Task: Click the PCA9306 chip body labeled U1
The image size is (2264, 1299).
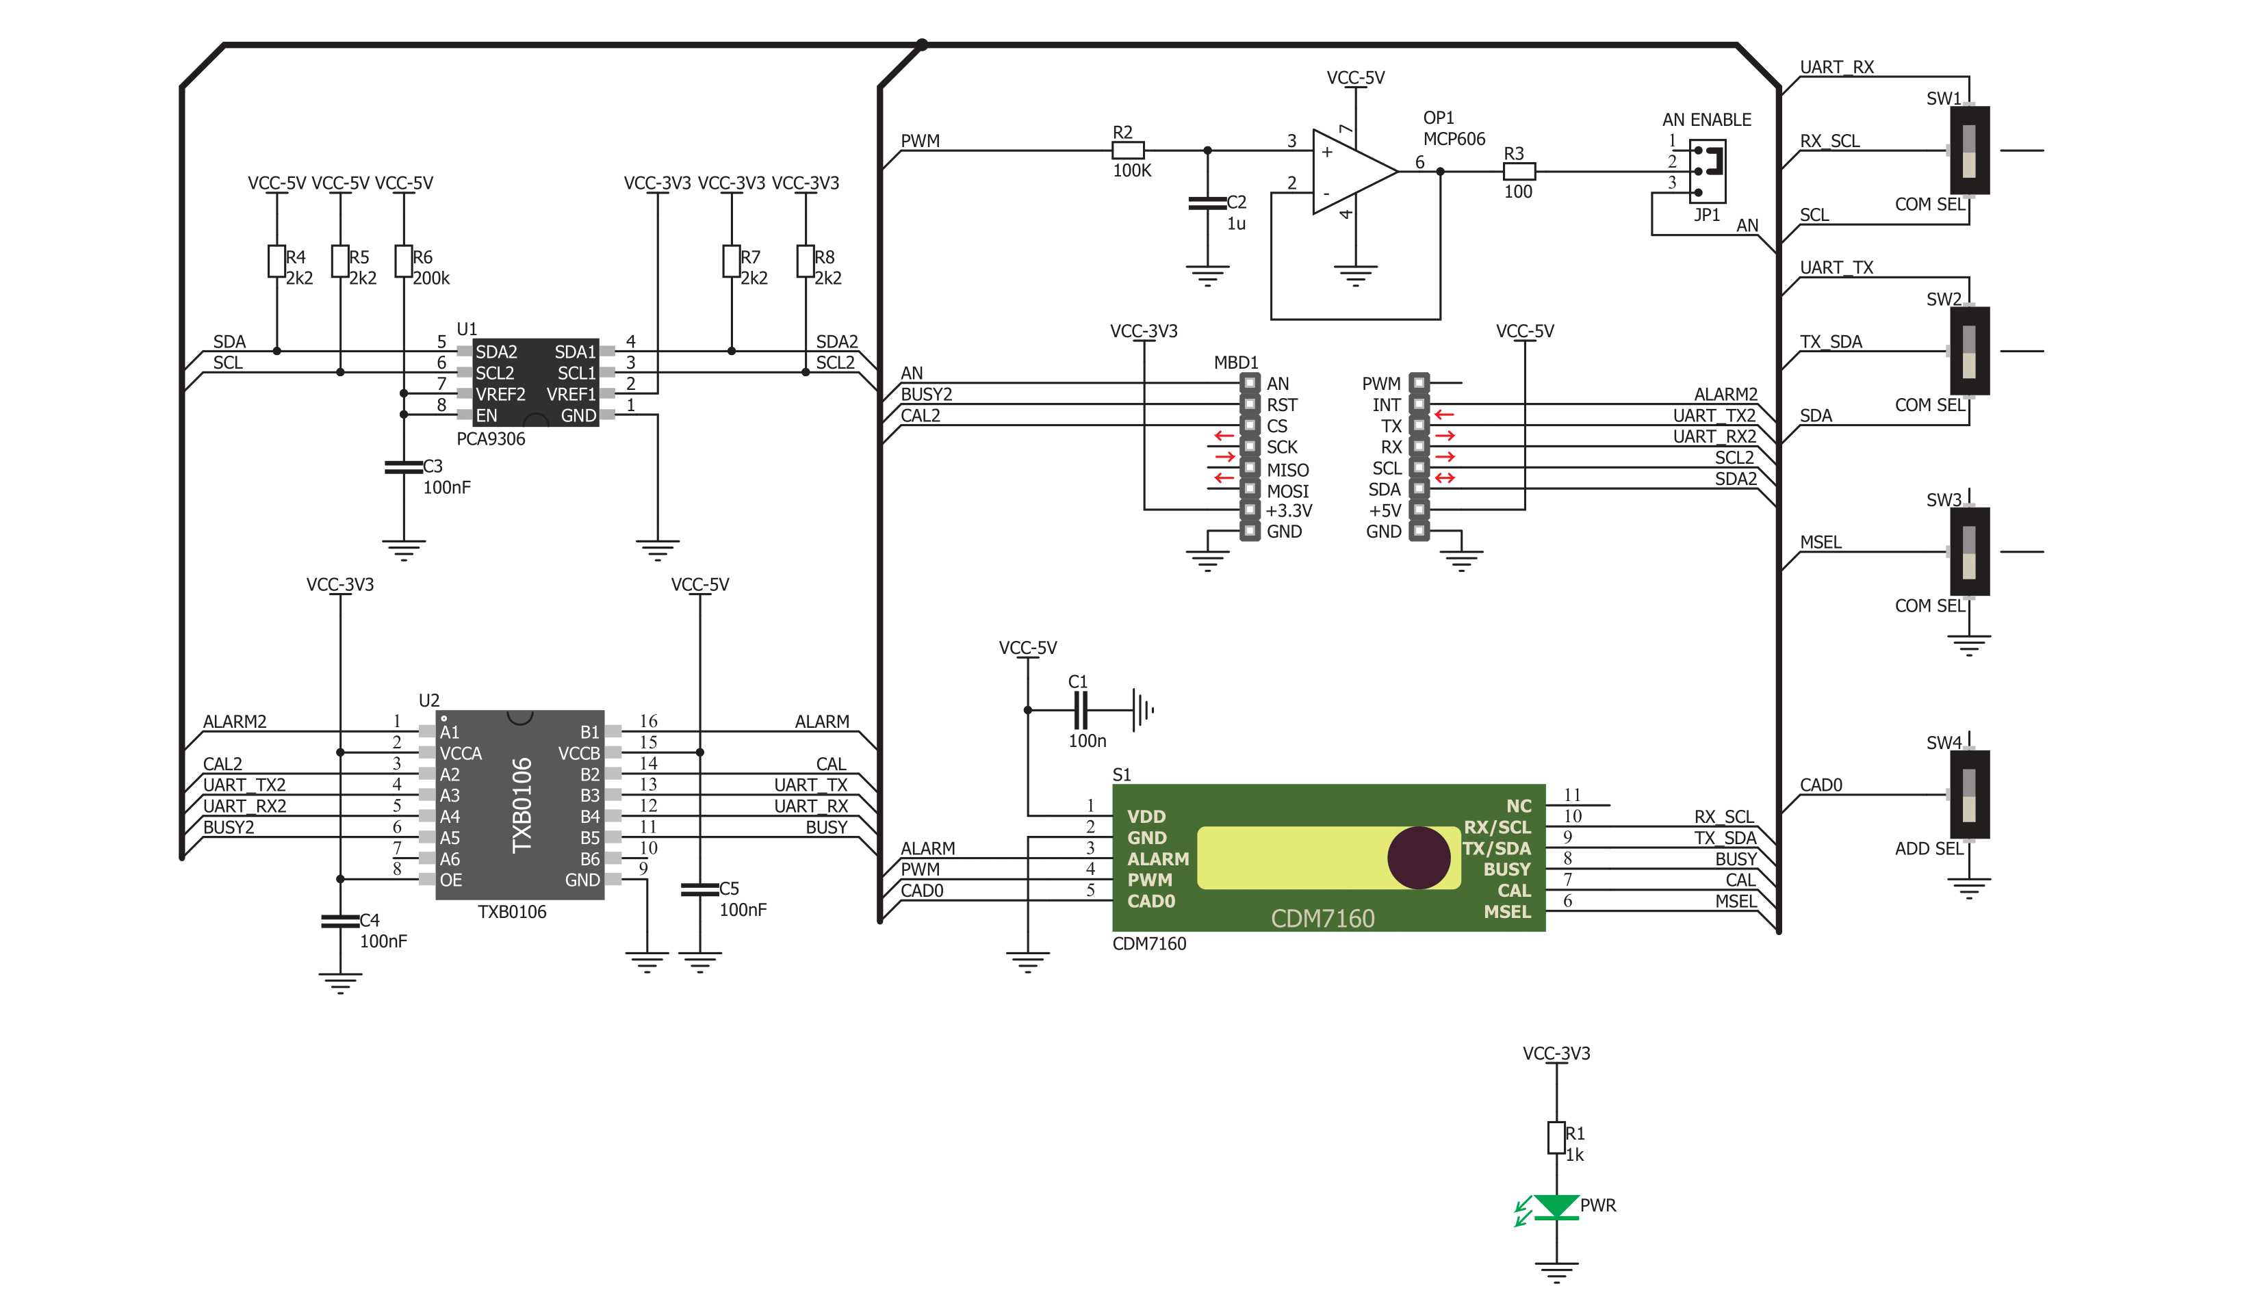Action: point(535,383)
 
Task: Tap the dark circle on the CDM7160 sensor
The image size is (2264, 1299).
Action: point(1418,857)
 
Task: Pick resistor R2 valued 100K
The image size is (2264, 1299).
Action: point(1128,150)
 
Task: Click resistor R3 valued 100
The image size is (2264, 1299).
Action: point(1519,171)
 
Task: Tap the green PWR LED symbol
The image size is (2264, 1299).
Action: point(1556,1207)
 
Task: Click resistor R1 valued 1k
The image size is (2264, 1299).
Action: point(1556,1138)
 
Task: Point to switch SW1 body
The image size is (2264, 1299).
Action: point(1970,150)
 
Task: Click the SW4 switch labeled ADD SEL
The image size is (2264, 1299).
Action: point(1970,795)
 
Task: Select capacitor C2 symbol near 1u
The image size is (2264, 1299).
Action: point(1207,203)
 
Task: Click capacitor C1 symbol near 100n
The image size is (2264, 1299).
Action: point(1081,711)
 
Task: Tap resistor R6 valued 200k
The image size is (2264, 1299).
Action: point(403,261)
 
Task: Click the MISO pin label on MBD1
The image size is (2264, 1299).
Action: point(1288,470)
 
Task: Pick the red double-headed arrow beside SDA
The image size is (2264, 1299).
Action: point(1445,478)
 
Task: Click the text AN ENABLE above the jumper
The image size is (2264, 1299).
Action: point(1706,120)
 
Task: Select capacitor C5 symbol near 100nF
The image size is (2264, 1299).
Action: point(699,889)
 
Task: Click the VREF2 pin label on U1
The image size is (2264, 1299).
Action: point(500,394)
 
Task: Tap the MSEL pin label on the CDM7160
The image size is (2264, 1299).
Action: point(1507,912)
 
